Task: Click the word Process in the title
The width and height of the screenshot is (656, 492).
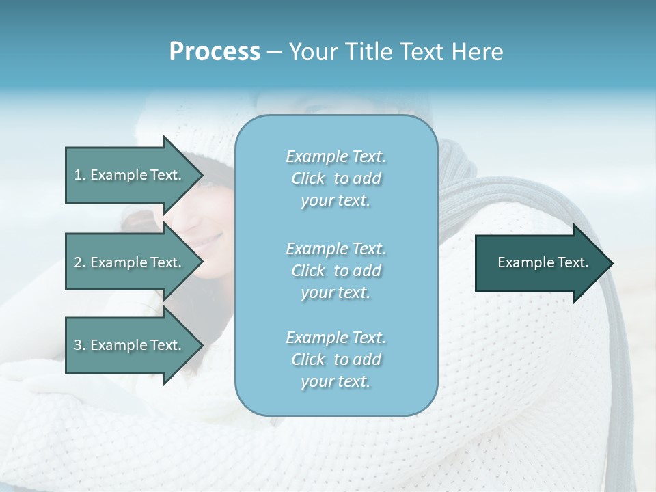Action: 215,52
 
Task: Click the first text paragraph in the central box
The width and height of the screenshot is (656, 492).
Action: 336,178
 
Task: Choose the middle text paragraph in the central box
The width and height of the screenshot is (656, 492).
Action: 336,271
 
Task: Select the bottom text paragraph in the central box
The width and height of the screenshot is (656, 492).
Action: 336,359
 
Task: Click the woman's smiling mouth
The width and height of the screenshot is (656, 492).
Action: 213,240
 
